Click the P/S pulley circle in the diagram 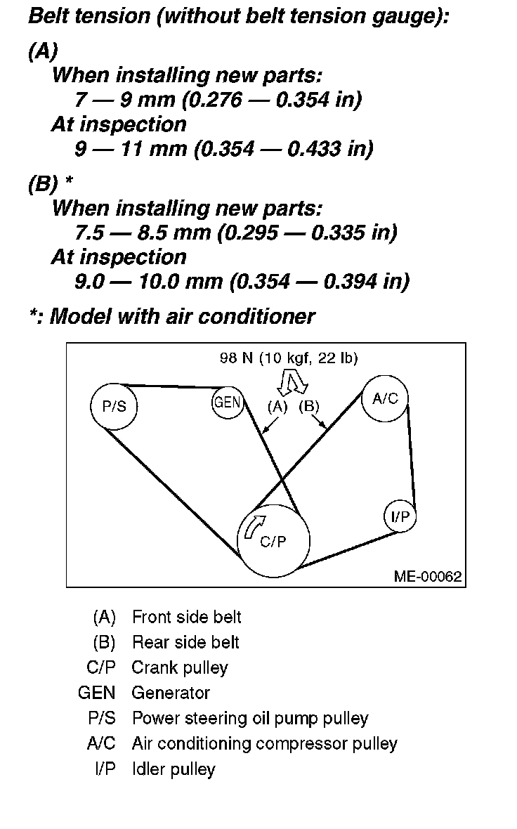click(114, 406)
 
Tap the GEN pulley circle click(227, 403)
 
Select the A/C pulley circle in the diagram click(384, 398)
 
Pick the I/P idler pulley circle click(400, 517)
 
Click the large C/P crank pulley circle click(274, 540)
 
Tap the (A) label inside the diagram click(277, 405)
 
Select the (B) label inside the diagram click(309, 405)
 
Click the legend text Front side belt click(186, 617)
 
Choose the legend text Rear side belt click(185, 642)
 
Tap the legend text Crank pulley click(179, 667)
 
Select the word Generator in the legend click(171, 693)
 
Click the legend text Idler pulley click(174, 769)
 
